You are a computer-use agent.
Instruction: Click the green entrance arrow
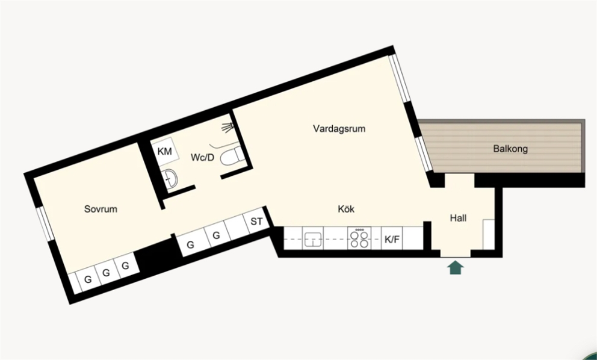(456, 268)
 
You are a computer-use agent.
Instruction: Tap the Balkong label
(510, 149)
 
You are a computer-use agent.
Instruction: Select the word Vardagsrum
(339, 128)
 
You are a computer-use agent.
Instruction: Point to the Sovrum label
(101, 209)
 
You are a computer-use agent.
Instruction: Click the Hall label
(458, 218)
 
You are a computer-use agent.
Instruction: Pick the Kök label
(346, 209)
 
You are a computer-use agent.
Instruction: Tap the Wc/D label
(203, 157)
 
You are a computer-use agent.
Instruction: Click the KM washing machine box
(165, 152)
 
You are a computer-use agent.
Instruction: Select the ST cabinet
(256, 221)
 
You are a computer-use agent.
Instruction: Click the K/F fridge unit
(392, 239)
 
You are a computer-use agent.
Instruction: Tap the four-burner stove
(359, 238)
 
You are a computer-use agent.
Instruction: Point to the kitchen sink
(312, 239)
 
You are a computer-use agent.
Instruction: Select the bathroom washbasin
(171, 179)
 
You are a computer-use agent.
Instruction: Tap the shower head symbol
(227, 127)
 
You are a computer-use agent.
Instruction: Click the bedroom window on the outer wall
(45, 224)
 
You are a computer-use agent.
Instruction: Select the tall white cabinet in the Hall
(489, 234)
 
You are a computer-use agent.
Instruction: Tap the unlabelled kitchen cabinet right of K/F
(413, 238)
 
